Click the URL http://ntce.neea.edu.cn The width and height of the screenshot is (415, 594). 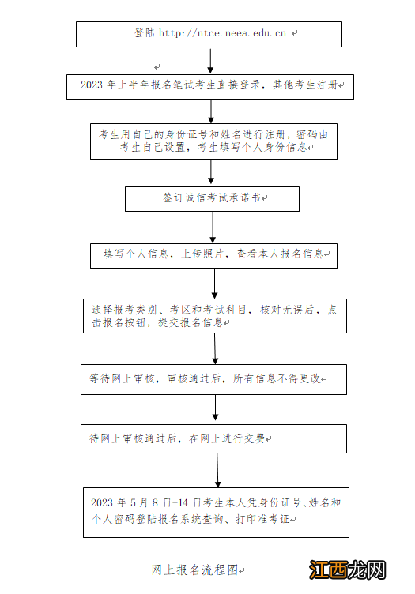[x=223, y=33]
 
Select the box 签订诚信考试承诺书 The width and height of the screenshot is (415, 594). [x=212, y=198]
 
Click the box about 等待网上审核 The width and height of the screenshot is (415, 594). [x=213, y=378]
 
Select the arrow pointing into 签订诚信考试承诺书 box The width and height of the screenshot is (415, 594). [x=211, y=173]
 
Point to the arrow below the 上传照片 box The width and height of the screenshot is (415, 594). [x=214, y=282]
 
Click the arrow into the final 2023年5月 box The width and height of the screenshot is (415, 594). [x=217, y=470]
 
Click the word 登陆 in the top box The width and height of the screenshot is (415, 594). [x=145, y=33]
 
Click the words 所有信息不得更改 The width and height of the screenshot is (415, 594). [x=277, y=378]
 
